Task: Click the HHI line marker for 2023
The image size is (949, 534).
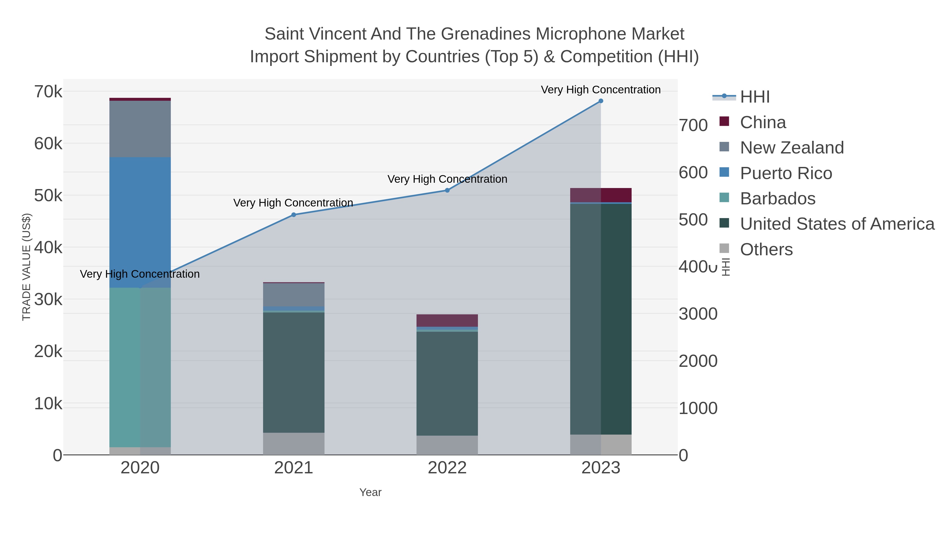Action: [x=601, y=101]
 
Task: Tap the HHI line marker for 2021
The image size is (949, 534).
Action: [x=294, y=215]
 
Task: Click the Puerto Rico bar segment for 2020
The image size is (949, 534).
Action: [x=140, y=222]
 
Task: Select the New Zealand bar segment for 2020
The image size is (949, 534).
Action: [x=140, y=129]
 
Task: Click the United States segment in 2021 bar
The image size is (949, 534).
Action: [x=294, y=372]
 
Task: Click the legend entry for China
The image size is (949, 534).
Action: [x=763, y=122]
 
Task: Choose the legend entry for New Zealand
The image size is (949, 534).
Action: [x=792, y=148]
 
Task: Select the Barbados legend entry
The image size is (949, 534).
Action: [x=777, y=199]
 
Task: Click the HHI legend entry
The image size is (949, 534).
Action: [x=754, y=97]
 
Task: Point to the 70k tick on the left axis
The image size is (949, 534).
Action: [x=48, y=92]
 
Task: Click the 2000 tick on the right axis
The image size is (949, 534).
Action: [x=698, y=361]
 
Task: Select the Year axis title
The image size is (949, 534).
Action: [x=370, y=492]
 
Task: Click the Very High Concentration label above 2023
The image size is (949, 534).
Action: [x=601, y=90]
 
